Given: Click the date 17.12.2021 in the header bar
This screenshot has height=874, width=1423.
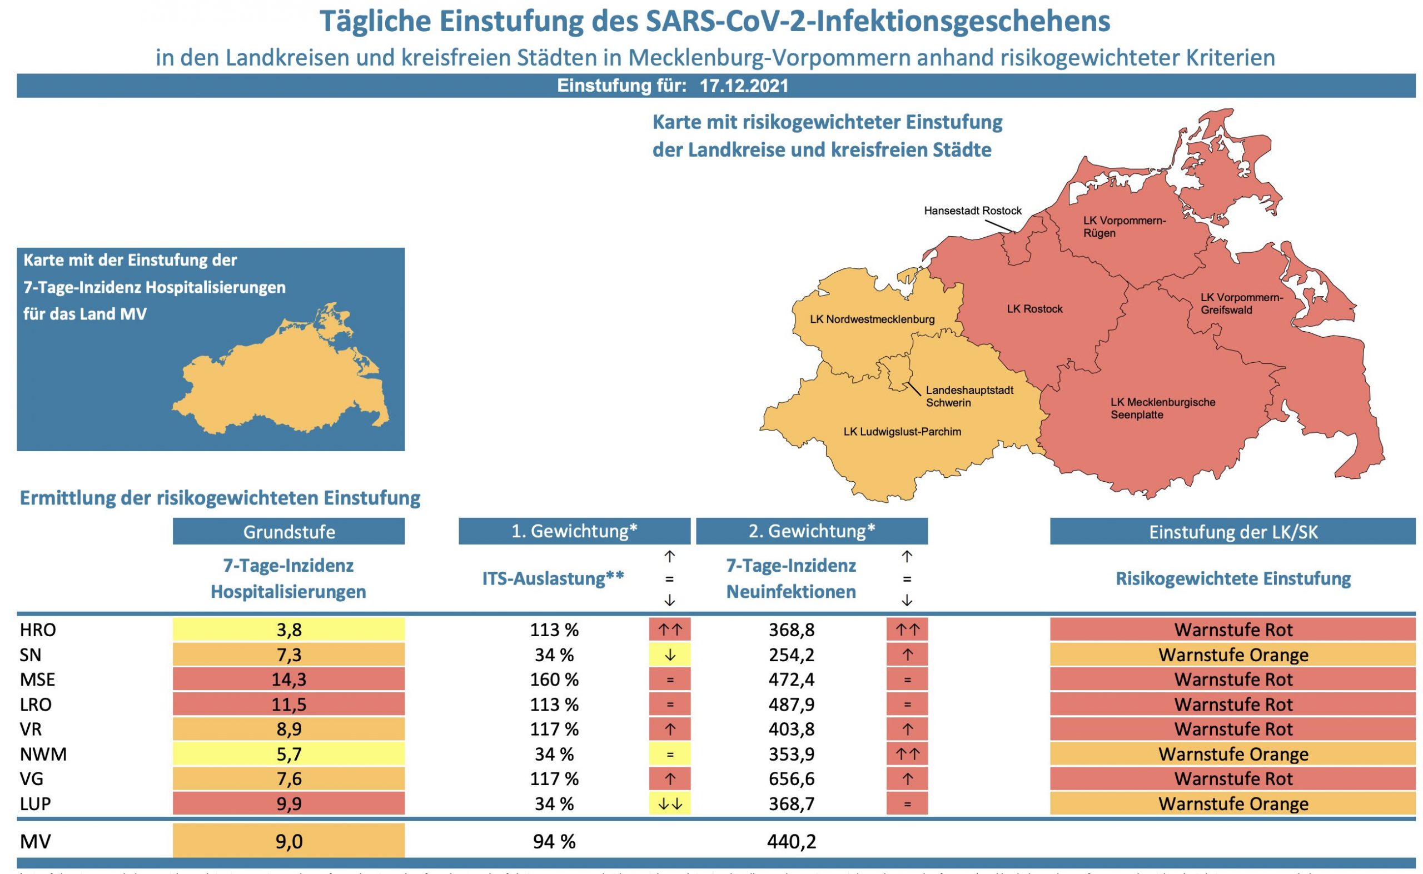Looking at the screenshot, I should point(744,86).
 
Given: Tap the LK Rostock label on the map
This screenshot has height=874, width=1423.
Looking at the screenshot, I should point(1034,309).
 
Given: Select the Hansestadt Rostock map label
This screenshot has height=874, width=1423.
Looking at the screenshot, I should point(973,211).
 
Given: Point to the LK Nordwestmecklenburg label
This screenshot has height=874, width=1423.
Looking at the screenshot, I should point(872,319).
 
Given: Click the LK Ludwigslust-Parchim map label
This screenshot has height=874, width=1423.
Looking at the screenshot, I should point(902,432).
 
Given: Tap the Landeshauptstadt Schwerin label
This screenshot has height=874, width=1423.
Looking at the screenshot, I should point(969,397).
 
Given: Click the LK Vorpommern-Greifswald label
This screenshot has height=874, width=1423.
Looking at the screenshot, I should point(1241,303).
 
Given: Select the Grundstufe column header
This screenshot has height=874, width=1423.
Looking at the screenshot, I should point(288,532).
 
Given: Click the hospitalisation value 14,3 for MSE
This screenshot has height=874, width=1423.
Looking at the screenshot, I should point(288,679).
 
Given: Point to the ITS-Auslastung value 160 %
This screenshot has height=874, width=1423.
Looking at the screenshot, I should point(554,679).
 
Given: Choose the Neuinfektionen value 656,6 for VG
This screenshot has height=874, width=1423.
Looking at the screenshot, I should point(791,778).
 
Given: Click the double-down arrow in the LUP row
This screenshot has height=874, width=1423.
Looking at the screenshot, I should point(670,803).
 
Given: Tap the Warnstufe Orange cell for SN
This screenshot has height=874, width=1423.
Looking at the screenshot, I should point(1233,655).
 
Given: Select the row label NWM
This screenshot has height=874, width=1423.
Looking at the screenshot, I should point(43,755).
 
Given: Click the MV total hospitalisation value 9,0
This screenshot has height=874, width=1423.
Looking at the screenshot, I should point(288,842).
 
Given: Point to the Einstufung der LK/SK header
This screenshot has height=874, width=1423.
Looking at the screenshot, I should point(1233,532).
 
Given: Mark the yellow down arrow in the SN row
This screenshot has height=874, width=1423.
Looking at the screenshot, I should point(670,655).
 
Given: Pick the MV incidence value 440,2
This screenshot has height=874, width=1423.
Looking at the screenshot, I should point(791,842).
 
